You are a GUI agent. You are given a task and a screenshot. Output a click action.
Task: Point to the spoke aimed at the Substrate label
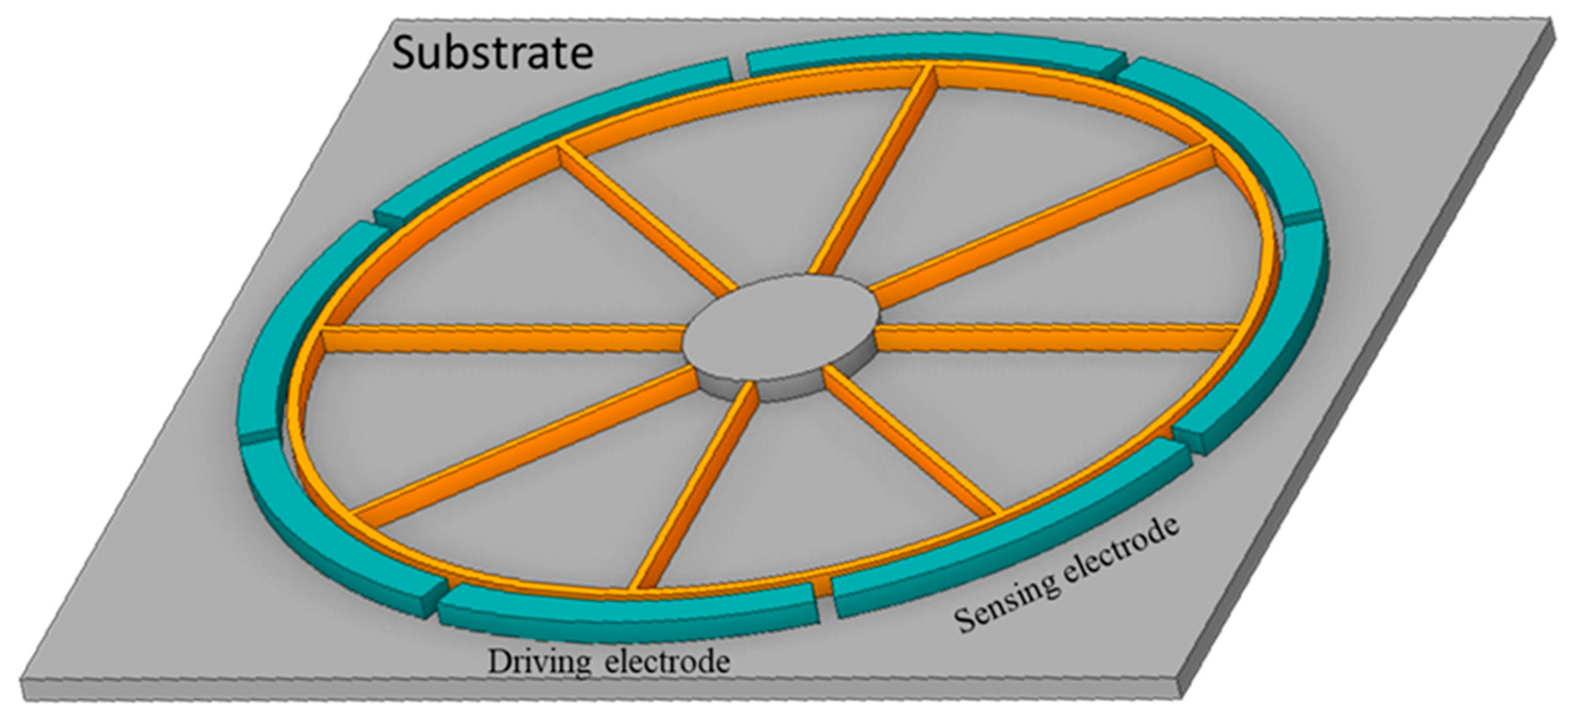point(646,219)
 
